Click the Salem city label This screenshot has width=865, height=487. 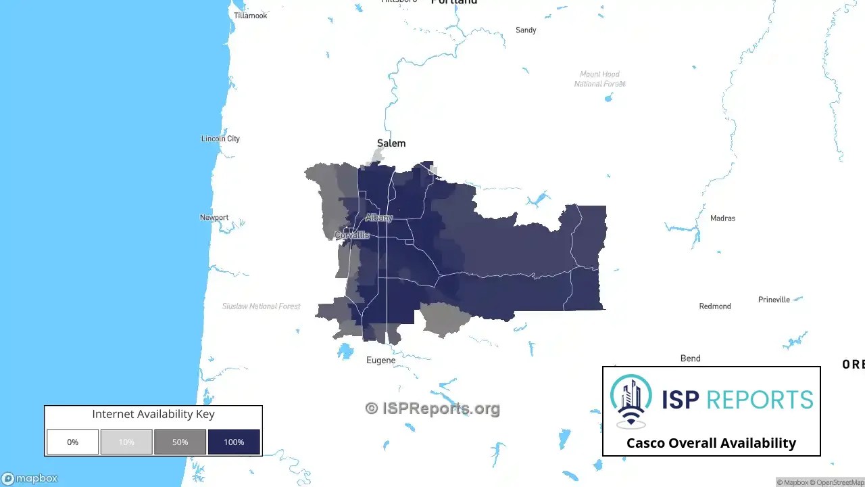[x=391, y=143]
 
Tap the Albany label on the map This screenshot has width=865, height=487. [x=378, y=218]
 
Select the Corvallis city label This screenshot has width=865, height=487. [x=352, y=235]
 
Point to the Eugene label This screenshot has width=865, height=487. [x=380, y=361]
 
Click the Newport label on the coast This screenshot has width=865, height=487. [x=214, y=218]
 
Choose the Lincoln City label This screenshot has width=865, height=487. [x=220, y=139]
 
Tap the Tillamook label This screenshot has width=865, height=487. [x=250, y=16]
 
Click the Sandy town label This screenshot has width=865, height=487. [x=526, y=30]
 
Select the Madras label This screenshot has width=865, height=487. [x=722, y=218]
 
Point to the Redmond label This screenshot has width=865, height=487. [x=715, y=306]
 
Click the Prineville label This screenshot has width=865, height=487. [x=774, y=300]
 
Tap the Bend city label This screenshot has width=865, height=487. [x=690, y=358]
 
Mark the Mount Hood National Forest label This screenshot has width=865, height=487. [x=599, y=79]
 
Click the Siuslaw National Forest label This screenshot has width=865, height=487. [x=262, y=306]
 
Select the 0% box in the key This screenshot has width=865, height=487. [x=72, y=442]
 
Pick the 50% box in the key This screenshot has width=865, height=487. [x=180, y=442]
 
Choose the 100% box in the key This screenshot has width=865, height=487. [x=234, y=442]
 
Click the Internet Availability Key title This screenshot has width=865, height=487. [x=153, y=414]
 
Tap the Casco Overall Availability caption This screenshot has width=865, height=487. [x=711, y=443]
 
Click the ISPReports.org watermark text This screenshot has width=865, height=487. [x=432, y=409]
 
